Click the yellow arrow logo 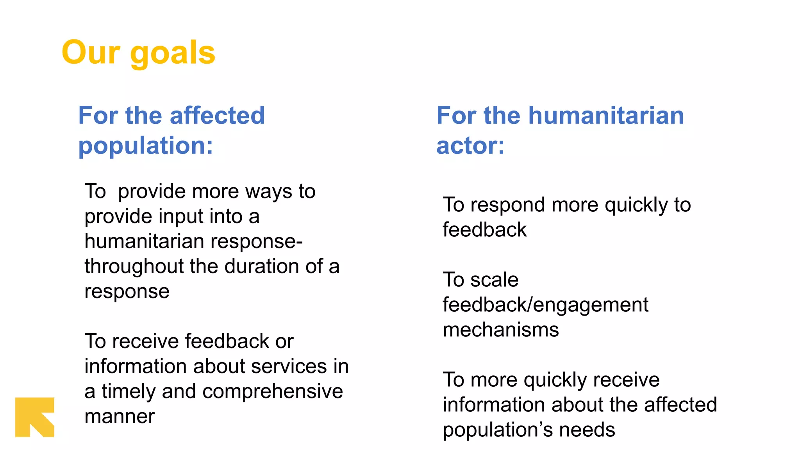[34, 417]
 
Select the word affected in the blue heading [217, 116]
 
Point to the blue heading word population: [146, 146]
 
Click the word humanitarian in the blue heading [606, 116]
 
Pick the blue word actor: [470, 146]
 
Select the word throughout [134, 266]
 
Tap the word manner [120, 416]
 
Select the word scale [494, 280]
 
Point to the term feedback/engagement [545, 305]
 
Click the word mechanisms [501, 330]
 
